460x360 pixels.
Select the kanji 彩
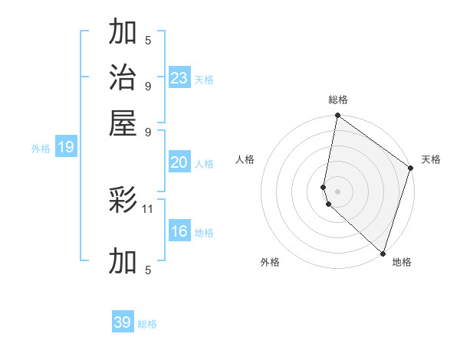123,201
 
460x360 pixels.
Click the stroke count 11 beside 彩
149,208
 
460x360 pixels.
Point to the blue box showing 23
179,78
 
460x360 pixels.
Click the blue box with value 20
179,162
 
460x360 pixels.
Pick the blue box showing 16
179,231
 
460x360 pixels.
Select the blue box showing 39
123,322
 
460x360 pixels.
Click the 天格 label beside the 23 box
204,80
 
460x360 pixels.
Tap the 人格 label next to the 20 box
204,164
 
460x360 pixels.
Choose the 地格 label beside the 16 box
204,233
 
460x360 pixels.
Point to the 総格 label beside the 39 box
148,324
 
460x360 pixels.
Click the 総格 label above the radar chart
338,100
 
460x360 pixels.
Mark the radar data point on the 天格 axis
411,169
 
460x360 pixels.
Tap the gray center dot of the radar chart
338,190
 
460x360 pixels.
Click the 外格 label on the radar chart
270,262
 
